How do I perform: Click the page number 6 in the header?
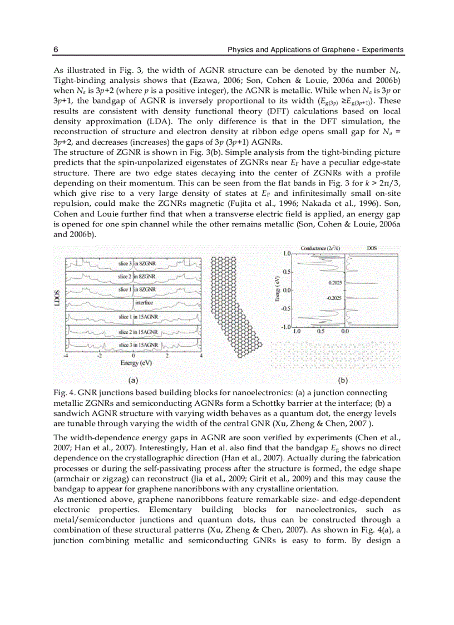(x=56, y=50)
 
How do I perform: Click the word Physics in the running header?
(x=241, y=50)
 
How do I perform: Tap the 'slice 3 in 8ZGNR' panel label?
(x=133, y=263)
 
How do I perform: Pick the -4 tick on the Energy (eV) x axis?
(x=66, y=356)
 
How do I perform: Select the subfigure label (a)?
(x=133, y=381)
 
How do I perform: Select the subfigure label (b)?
(x=342, y=381)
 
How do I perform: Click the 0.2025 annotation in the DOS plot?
(x=335, y=283)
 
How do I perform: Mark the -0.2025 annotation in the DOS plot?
(x=334, y=298)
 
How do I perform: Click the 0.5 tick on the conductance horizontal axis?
(x=320, y=331)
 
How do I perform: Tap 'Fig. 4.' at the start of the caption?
(x=63, y=393)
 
